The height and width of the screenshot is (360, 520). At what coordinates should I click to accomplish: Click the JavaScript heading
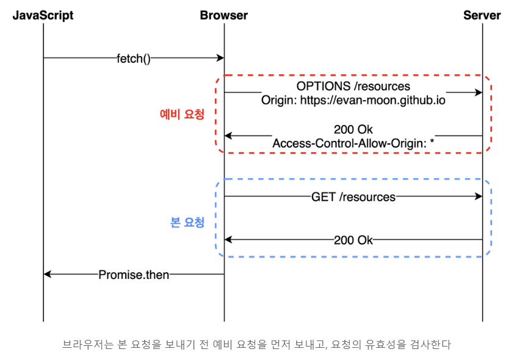tap(43, 15)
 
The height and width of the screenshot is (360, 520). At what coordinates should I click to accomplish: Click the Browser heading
tap(224, 15)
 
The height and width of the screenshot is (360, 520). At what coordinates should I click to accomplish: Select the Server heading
tap(482, 15)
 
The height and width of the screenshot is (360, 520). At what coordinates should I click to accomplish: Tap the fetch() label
tap(134, 59)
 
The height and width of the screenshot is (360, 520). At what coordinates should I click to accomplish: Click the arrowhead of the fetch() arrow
tap(220, 58)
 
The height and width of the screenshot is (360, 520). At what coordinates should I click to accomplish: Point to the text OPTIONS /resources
tap(353, 87)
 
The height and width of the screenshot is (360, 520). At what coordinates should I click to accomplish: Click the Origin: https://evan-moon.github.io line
tap(353, 100)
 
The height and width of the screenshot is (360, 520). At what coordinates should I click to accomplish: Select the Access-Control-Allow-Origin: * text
tap(353, 143)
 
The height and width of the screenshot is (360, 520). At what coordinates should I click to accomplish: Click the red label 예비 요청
tap(182, 114)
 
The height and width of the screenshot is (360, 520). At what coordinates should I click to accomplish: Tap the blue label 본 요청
tap(187, 223)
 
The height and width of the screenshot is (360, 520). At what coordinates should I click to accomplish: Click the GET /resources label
tap(353, 197)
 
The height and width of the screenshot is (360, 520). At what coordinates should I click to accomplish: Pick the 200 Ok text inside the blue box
tap(353, 240)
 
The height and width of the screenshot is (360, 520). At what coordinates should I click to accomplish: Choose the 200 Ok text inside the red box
tap(353, 130)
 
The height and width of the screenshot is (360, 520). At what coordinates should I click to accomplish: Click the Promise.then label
tap(134, 275)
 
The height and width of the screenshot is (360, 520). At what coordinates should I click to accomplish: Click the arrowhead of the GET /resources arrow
tap(478, 196)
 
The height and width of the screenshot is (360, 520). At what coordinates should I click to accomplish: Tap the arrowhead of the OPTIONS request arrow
tap(478, 93)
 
